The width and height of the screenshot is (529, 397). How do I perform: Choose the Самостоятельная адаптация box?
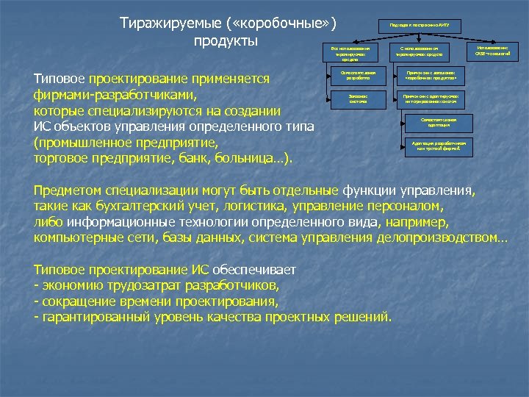pyautogui.click(x=439, y=121)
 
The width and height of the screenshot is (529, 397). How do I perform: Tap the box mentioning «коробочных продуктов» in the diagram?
pyautogui.click(x=429, y=77)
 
